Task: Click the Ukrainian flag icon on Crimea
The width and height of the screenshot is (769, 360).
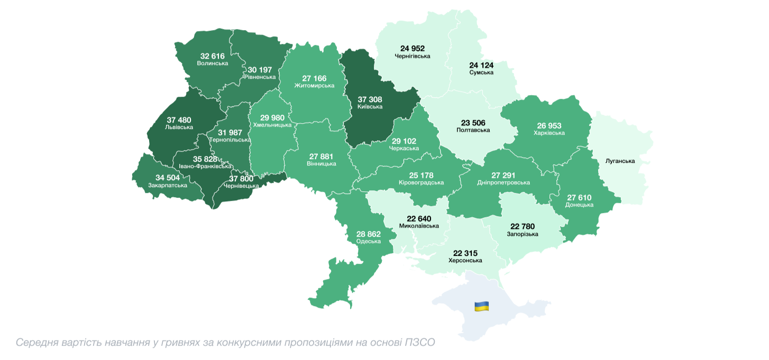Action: coord(481,306)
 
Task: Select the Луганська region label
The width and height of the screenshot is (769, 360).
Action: coord(620,161)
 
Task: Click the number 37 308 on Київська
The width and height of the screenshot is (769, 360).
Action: coord(370,99)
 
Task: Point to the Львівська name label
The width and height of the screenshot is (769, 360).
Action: coord(179,127)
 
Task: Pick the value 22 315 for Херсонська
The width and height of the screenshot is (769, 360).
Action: coord(465,253)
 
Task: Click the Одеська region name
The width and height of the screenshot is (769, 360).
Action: coord(369,241)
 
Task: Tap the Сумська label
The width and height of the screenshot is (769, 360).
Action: coord(481,72)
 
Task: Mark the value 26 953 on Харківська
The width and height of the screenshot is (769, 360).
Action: coord(549,126)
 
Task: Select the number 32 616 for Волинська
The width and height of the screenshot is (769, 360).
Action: coord(212,56)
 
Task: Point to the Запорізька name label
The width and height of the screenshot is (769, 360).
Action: coord(522,234)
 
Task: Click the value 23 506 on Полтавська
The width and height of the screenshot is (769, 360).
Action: coord(473,122)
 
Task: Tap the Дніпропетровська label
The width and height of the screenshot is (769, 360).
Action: coord(503,182)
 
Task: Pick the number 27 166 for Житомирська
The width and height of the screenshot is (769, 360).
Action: coord(314,78)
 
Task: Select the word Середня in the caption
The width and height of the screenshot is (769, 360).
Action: coord(36,343)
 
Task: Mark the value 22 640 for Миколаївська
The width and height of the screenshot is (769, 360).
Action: coord(419,218)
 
